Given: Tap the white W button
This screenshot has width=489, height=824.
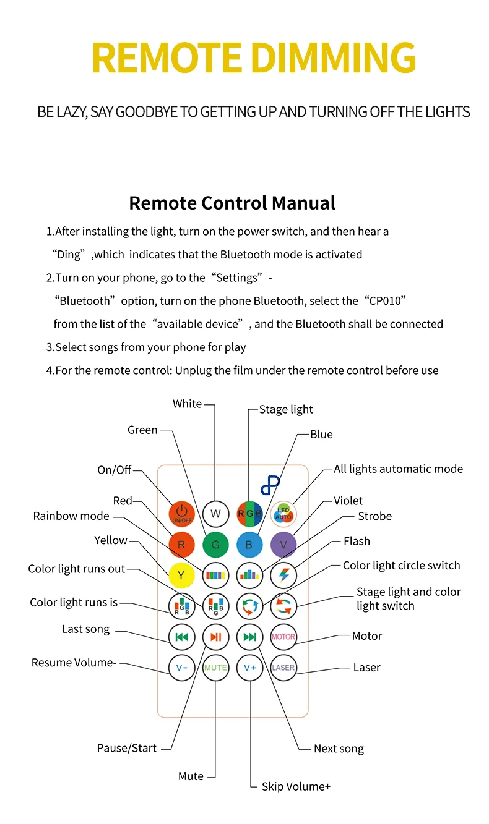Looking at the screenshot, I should [x=215, y=513].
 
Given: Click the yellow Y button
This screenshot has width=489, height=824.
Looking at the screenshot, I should [x=181, y=575].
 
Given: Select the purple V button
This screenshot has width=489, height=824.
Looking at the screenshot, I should [x=283, y=545].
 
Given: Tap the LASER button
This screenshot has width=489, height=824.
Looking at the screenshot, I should [x=283, y=668].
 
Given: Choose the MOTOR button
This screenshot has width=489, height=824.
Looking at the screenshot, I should [x=283, y=636].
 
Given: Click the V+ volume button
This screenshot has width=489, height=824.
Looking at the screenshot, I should [x=249, y=668].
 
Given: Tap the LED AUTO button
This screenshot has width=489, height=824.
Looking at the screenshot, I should [x=283, y=513].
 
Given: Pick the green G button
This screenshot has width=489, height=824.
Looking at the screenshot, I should [x=215, y=545].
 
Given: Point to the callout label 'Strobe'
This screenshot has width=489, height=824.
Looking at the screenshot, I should [x=374, y=516].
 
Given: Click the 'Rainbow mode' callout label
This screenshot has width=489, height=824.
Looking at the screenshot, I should [x=71, y=516].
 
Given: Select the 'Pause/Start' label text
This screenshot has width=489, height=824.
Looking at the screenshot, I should [x=127, y=748].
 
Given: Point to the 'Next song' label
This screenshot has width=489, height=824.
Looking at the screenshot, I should [x=339, y=749].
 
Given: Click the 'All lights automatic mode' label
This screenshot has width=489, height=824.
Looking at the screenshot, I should [x=398, y=469].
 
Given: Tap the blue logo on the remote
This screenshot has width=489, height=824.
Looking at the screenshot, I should [x=270, y=485].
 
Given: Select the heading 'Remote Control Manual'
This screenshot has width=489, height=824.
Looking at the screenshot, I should [x=232, y=203].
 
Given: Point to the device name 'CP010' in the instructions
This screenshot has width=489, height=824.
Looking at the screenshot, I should [x=382, y=301].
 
